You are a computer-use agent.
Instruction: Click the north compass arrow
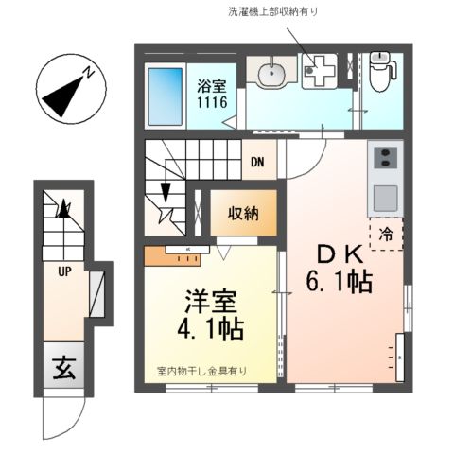(x=67, y=89)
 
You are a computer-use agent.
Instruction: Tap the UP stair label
(x=65, y=273)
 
